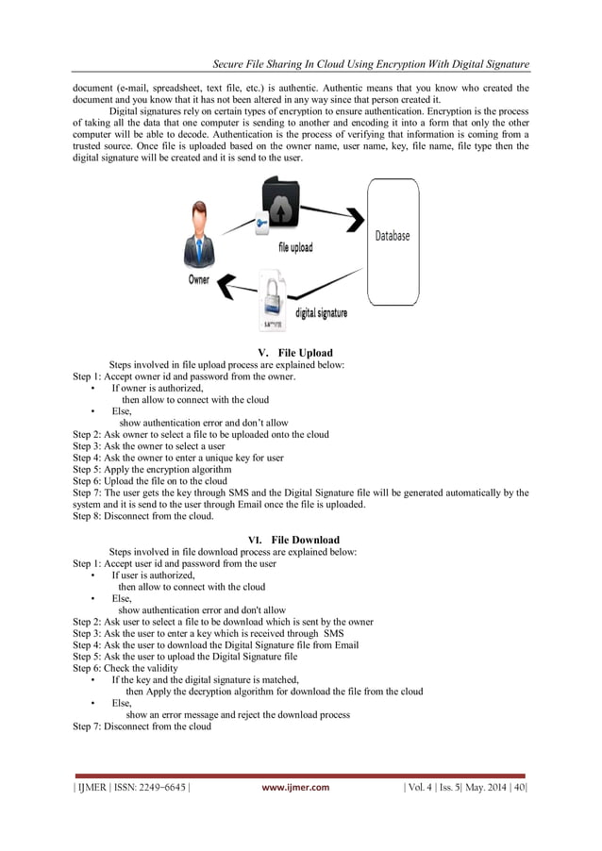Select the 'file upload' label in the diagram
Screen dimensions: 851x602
click(294, 248)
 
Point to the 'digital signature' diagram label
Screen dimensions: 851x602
click(322, 312)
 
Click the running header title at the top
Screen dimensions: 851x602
click(370, 64)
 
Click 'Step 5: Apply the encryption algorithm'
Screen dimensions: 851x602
click(152, 469)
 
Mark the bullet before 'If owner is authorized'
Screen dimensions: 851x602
click(92, 388)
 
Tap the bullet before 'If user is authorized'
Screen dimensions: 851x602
click(92, 575)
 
